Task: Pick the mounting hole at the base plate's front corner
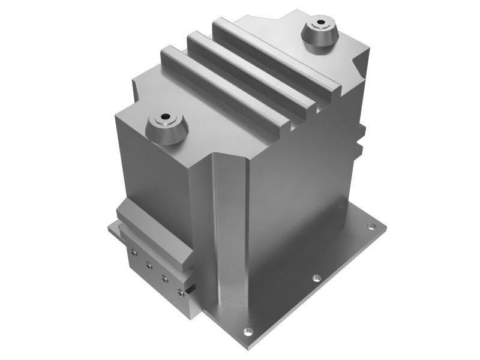coord(245,331)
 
